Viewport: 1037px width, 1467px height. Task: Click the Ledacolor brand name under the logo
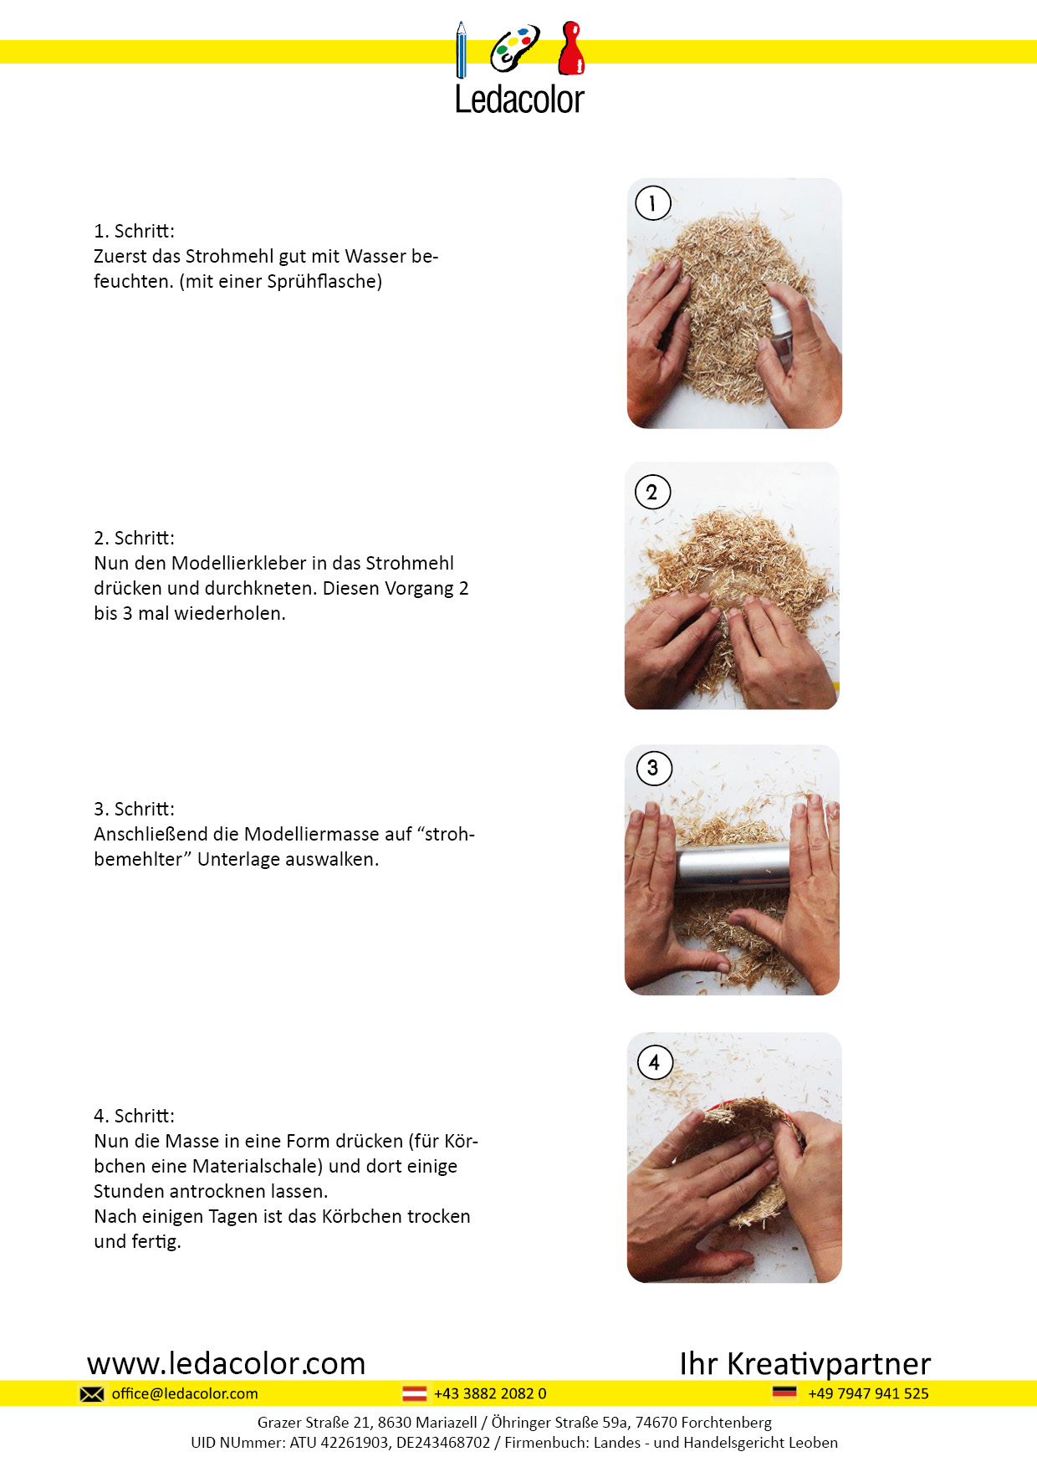(x=519, y=100)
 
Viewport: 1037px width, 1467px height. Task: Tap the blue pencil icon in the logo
(x=461, y=50)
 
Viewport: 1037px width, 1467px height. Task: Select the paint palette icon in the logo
(x=514, y=49)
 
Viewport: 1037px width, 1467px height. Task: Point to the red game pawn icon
(x=571, y=49)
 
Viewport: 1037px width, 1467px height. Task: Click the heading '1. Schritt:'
(x=134, y=231)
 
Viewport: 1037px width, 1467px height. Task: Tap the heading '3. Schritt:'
(x=134, y=809)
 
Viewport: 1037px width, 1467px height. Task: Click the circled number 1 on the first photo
(x=653, y=203)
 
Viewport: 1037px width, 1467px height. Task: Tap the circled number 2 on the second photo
(x=652, y=492)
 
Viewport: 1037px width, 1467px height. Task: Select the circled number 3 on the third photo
(x=654, y=768)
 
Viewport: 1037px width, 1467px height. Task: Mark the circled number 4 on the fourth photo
(x=655, y=1062)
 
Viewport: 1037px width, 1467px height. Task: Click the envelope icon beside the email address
(x=92, y=1394)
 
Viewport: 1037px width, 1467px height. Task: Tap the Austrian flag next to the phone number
(x=415, y=1393)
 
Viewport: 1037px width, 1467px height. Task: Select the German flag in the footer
(x=784, y=1393)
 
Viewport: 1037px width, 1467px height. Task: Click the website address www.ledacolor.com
(x=227, y=1363)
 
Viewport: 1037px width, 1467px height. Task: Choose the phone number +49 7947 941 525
(x=869, y=1393)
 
